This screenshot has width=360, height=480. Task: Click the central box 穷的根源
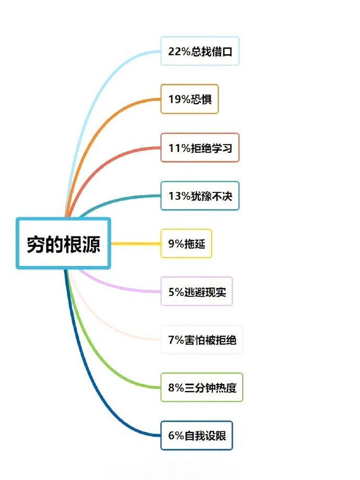pyautogui.click(x=63, y=244)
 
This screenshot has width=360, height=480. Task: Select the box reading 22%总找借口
pyautogui.click(x=200, y=51)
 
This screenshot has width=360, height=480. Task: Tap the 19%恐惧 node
pyautogui.click(x=189, y=99)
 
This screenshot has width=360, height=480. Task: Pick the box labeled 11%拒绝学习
pyautogui.click(x=200, y=148)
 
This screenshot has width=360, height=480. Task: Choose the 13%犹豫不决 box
pyautogui.click(x=200, y=196)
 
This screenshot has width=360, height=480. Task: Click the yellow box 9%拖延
pyautogui.click(x=186, y=244)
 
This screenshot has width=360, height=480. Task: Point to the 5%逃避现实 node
pyautogui.click(x=197, y=292)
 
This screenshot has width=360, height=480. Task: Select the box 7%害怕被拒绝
pyautogui.click(x=202, y=340)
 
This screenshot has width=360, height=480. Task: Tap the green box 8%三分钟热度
pyautogui.click(x=202, y=388)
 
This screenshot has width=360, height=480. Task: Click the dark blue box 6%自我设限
pyautogui.click(x=197, y=436)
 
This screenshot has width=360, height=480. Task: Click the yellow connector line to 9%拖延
pyautogui.click(x=136, y=244)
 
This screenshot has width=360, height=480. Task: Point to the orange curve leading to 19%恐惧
pyautogui.click(x=98, y=128)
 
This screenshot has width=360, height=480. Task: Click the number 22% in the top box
pyautogui.click(x=179, y=51)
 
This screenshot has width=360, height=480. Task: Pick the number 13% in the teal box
pyautogui.click(x=179, y=196)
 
